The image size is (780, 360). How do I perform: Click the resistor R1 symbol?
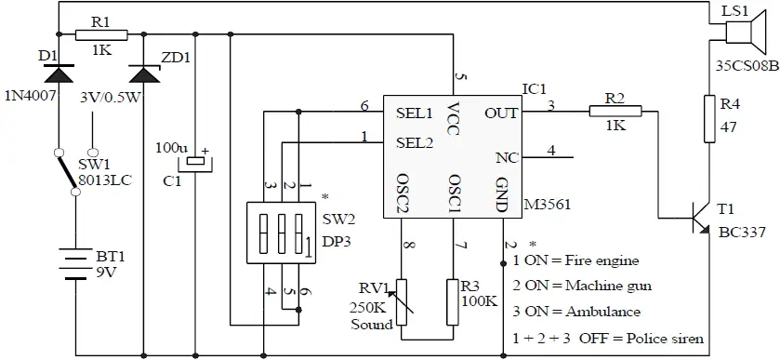click(100, 34)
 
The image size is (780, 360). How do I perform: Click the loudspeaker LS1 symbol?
click(737, 34)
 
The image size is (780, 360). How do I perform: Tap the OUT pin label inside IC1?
click(501, 113)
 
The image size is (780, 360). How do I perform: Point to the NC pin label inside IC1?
click(507, 157)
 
